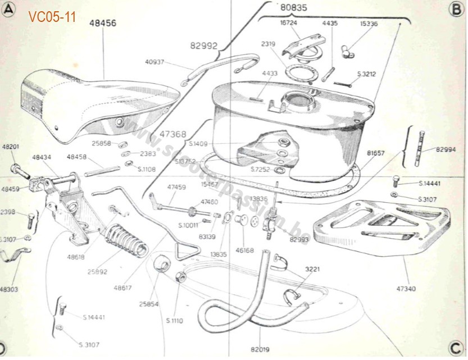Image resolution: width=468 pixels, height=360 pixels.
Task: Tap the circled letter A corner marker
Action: (8, 10)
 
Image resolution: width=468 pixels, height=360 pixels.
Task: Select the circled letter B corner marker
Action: (455, 10)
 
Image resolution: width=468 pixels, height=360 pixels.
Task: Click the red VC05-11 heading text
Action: (52, 17)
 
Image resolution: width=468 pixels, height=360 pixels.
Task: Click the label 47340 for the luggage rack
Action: (406, 289)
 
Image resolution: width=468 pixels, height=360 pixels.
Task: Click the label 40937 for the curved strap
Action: (155, 62)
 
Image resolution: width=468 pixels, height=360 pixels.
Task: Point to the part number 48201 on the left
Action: (10, 147)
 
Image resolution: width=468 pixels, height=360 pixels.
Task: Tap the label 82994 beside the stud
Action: (447, 149)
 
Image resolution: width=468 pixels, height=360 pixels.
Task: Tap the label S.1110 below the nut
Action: (175, 320)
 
